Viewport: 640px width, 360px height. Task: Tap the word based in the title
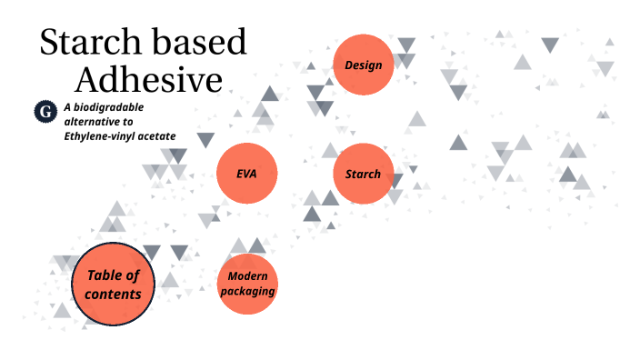coord(202,44)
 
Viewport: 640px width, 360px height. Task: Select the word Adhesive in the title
coord(148,80)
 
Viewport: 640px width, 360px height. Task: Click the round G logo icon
coord(45,112)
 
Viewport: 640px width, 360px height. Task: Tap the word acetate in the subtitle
coord(157,135)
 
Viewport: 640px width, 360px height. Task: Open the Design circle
coord(363,65)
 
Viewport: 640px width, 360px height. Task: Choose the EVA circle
coord(246,173)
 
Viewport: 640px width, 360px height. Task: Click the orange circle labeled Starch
coord(363,173)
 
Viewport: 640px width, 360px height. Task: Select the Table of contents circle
coord(114,285)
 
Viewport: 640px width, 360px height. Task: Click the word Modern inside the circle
coord(246,276)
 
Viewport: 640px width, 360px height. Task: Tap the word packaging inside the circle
coord(246,292)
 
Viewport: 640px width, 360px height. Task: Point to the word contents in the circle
coord(113,294)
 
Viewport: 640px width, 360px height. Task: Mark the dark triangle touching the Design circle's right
coord(405,46)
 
